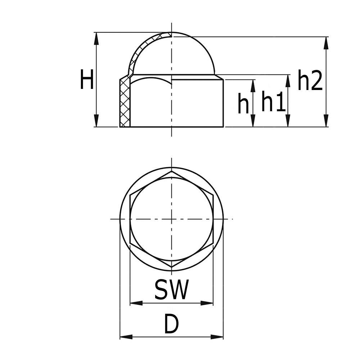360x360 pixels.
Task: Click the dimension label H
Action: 86,80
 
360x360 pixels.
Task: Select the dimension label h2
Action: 310,81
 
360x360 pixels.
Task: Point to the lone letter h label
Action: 243,104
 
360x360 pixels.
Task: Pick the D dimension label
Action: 171,324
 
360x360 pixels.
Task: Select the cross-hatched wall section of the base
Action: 125,103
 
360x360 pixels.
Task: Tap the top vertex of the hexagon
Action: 172,172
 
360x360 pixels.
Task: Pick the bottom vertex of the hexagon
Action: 172,267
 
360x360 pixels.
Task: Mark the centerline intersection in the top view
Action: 172,219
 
